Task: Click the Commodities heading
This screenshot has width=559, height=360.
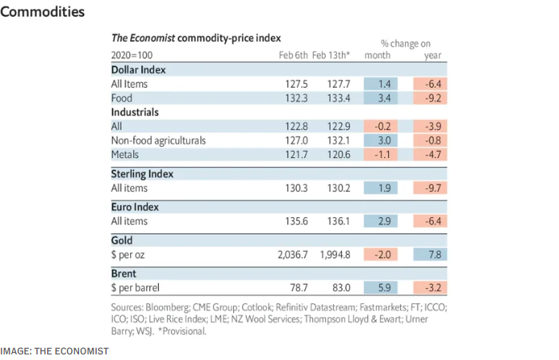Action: pyautogui.click(x=42, y=13)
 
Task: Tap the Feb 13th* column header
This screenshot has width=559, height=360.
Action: pyautogui.click(x=331, y=55)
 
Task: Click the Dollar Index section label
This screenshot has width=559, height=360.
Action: pyautogui.click(x=141, y=69)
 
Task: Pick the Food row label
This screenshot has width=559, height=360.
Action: pyautogui.click(x=122, y=98)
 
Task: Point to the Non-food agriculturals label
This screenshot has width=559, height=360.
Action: pyautogui.click(x=158, y=140)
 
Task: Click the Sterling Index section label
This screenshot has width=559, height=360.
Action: pyautogui.click(x=142, y=173)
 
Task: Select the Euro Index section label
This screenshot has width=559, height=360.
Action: pyautogui.click(x=136, y=207)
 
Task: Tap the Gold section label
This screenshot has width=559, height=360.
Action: pyautogui.click(x=123, y=239)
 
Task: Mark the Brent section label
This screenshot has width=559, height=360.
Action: pyautogui.click(x=125, y=272)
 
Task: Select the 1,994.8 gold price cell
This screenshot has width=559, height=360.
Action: pyautogui.click(x=330, y=254)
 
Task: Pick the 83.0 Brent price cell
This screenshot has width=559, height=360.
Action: pyautogui.click(x=337, y=286)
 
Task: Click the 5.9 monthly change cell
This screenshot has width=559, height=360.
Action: pyautogui.click(x=380, y=286)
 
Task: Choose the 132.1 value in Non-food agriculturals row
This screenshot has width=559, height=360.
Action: pyautogui.click(x=335, y=140)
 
